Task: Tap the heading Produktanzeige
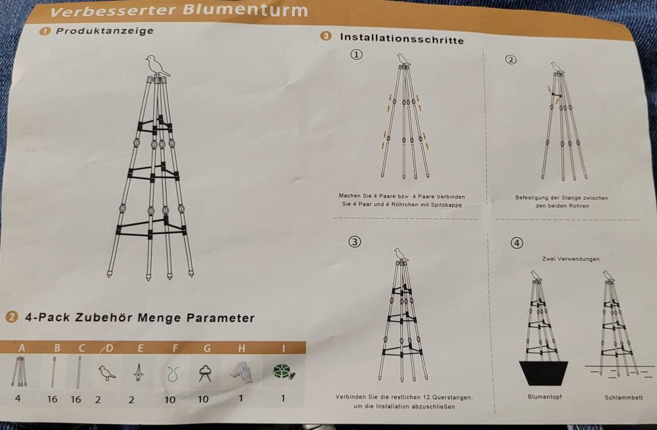click(x=104, y=31)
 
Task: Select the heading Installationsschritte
click(x=401, y=39)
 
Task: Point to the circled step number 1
click(x=356, y=55)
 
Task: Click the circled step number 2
click(x=511, y=60)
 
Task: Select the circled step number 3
click(x=355, y=241)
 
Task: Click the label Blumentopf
click(x=545, y=397)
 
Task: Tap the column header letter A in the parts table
click(x=22, y=347)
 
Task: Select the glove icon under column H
click(x=240, y=373)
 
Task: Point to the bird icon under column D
click(x=105, y=373)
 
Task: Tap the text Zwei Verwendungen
click(x=570, y=259)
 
